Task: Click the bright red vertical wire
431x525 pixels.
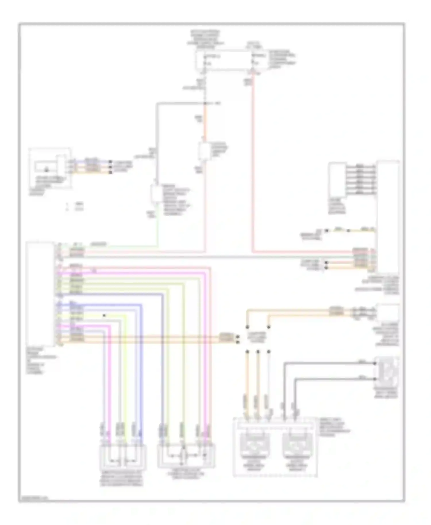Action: (253, 161)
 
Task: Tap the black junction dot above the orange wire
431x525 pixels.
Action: (205, 103)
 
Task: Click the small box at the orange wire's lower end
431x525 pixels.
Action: (205, 151)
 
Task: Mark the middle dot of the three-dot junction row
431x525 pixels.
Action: (258, 351)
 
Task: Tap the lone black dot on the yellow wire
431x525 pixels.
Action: (104, 315)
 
